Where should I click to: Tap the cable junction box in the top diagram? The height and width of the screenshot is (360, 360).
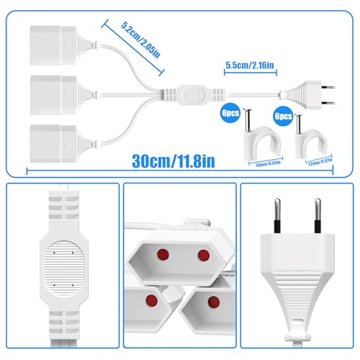[189, 94]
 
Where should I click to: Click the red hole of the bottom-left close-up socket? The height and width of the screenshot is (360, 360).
[151, 299]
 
